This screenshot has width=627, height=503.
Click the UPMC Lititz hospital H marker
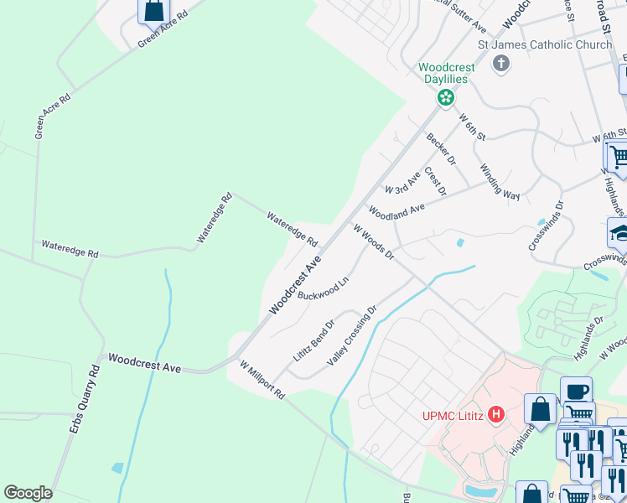497,414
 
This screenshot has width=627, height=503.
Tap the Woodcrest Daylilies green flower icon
446,98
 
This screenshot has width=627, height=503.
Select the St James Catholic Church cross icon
501,65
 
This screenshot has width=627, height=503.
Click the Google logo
28,493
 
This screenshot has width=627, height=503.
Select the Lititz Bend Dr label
314,339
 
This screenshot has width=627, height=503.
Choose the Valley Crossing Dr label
353,335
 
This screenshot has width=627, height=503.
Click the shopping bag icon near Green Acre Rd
153,11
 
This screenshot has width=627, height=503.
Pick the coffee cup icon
576,391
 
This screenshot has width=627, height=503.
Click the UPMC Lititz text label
453,415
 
